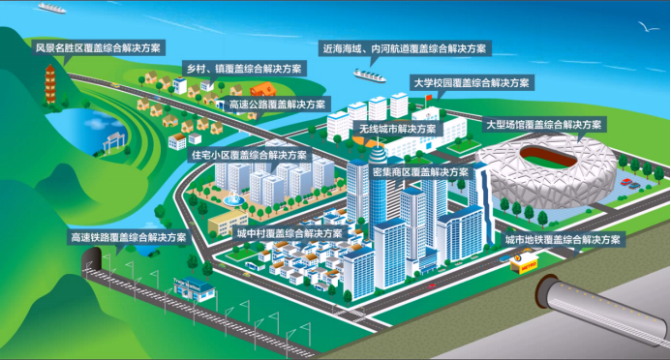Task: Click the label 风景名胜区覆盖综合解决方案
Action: (x=99, y=46)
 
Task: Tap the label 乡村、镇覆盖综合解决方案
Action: (x=243, y=70)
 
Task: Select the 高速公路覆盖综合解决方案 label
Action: (x=279, y=104)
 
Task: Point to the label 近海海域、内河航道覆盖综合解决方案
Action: (x=406, y=47)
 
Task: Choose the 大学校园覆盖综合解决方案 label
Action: (x=471, y=83)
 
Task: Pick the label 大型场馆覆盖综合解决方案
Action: (x=544, y=125)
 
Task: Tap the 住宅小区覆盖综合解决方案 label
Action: (x=249, y=155)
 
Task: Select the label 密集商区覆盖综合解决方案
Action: (x=420, y=171)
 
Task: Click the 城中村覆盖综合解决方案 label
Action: (x=290, y=233)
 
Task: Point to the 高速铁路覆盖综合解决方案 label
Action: (x=129, y=236)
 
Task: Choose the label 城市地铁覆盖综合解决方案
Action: (x=564, y=238)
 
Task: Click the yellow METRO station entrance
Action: (x=525, y=260)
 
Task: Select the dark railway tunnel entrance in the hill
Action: (x=94, y=257)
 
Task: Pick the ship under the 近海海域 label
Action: (x=369, y=73)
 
